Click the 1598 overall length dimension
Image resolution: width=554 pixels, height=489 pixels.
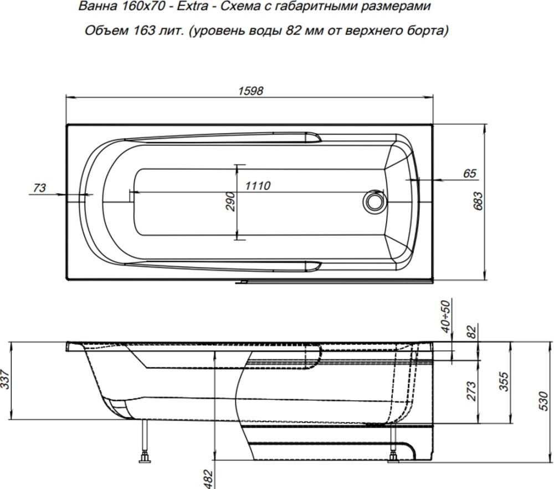click(x=250, y=91)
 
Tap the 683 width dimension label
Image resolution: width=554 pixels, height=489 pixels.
click(x=478, y=201)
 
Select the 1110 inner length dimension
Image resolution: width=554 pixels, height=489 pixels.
click(x=258, y=185)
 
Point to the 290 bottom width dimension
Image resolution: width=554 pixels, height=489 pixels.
click(x=230, y=201)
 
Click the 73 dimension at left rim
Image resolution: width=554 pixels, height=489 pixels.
click(x=39, y=188)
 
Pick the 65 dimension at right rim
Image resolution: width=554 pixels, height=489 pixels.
click(x=470, y=173)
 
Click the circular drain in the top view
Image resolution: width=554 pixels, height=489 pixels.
click(x=373, y=201)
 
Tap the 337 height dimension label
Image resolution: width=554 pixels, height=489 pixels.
click(x=5, y=379)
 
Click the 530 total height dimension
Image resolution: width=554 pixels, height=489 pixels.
click(x=545, y=401)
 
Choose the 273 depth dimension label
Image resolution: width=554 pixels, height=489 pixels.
click(x=471, y=391)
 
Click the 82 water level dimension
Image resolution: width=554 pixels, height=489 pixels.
click(x=471, y=332)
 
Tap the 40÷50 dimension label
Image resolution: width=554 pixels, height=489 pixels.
click(x=447, y=316)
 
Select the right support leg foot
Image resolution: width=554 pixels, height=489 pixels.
click(x=393, y=458)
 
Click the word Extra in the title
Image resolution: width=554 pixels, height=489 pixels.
click(x=192, y=6)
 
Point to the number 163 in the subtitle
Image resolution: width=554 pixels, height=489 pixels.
click(x=144, y=30)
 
